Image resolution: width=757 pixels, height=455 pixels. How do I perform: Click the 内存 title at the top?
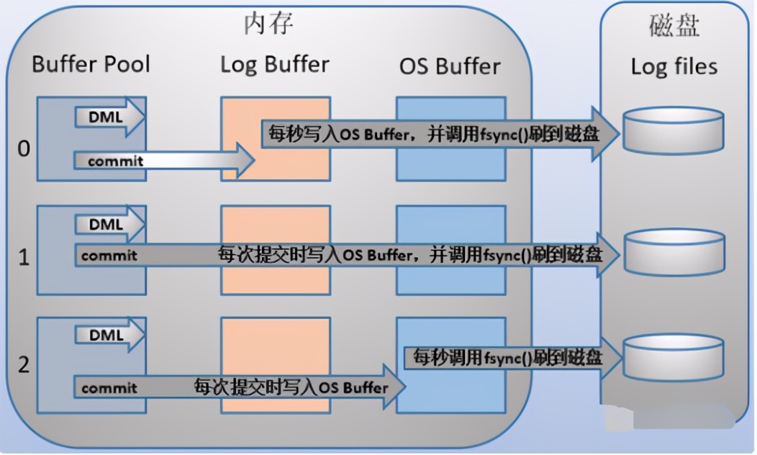[268, 24]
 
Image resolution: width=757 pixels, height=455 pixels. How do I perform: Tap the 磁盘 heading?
[674, 26]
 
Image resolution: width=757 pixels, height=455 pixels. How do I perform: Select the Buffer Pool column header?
[91, 64]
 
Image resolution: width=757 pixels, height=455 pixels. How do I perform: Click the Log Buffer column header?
[275, 65]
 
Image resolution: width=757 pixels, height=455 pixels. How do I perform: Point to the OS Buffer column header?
[450, 66]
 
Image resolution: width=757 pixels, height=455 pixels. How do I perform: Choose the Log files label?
[674, 66]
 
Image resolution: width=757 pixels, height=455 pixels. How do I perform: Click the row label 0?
[24, 148]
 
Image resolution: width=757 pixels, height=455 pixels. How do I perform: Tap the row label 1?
[24, 257]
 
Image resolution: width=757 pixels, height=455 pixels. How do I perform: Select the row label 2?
[24, 364]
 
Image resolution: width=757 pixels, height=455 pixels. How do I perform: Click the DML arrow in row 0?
[109, 117]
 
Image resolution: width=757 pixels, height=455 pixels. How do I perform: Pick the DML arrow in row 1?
[109, 225]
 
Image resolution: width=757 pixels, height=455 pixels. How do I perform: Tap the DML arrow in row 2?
[109, 335]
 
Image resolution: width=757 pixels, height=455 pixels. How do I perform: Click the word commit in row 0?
[115, 161]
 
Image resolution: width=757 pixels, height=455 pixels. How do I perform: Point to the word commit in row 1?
[109, 256]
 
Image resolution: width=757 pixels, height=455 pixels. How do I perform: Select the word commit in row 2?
[109, 388]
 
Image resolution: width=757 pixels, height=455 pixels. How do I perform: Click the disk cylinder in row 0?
[674, 130]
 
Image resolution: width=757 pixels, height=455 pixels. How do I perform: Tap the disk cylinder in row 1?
[674, 252]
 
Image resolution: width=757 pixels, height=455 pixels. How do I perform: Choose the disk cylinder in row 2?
[674, 358]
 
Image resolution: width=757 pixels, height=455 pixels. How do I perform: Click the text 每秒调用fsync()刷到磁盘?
[507, 357]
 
